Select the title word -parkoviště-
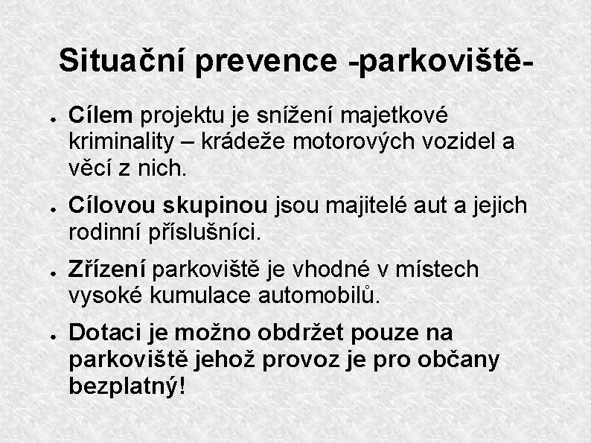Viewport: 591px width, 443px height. click(442, 62)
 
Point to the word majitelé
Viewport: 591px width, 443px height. click(366, 205)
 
